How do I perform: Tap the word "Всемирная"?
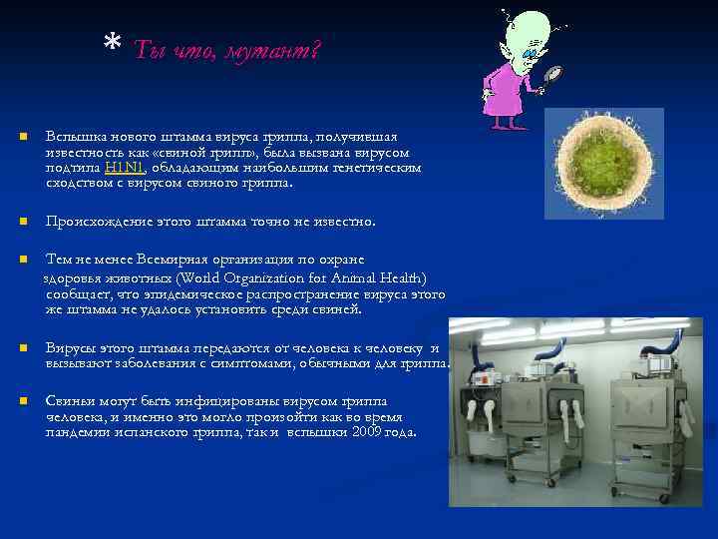click(169, 259)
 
